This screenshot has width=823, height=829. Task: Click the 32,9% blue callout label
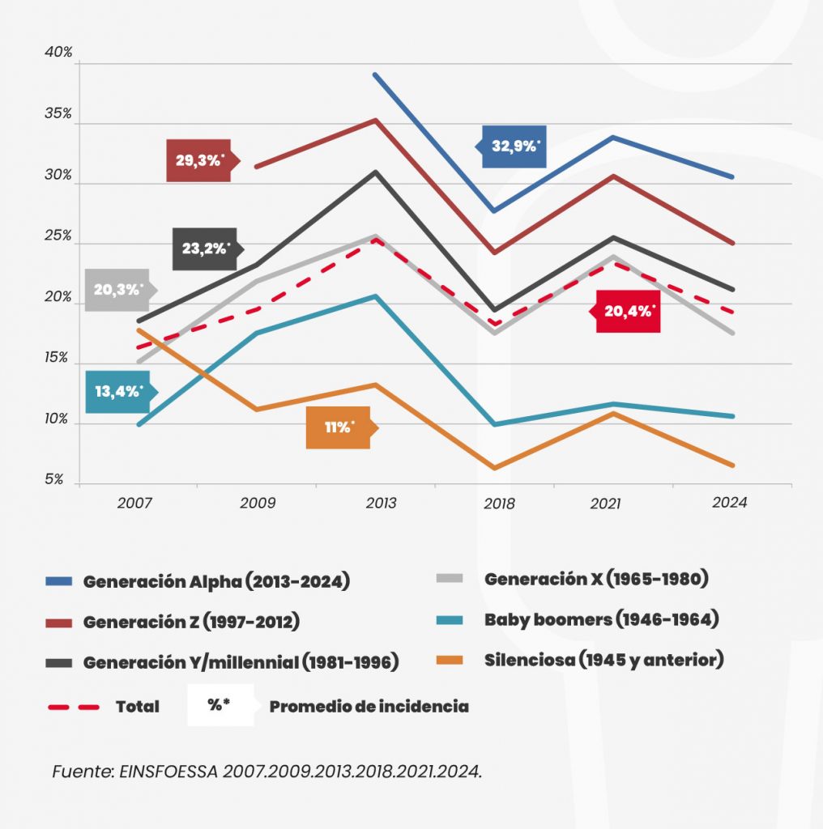(514, 147)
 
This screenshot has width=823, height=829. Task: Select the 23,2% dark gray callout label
(205, 249)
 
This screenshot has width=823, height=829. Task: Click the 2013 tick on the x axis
(382, 504)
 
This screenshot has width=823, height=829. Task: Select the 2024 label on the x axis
(729, 502)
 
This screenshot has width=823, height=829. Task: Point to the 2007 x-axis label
(134, 504)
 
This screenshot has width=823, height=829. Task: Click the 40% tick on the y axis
(58, 52)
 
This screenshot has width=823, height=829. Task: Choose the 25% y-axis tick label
(58, 237)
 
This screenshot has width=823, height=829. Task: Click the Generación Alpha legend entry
(216, 582)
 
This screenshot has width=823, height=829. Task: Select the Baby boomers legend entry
(601, 620)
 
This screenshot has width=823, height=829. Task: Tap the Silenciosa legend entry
(603, 660)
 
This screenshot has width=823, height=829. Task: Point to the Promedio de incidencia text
(369, 706)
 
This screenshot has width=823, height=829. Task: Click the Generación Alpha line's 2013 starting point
(374, 74)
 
